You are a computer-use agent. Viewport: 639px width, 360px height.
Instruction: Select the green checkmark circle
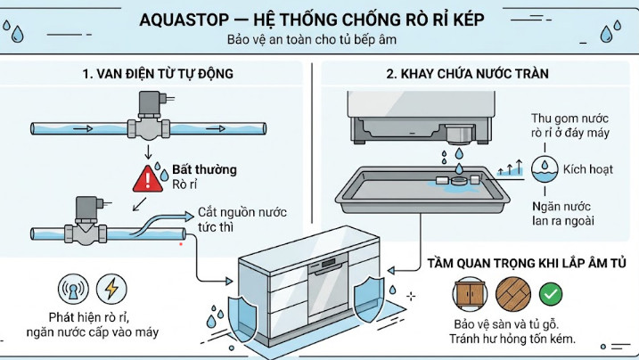tap(552, 293)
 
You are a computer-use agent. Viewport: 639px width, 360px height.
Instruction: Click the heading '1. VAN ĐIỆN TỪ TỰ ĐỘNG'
tap(158, 73)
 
